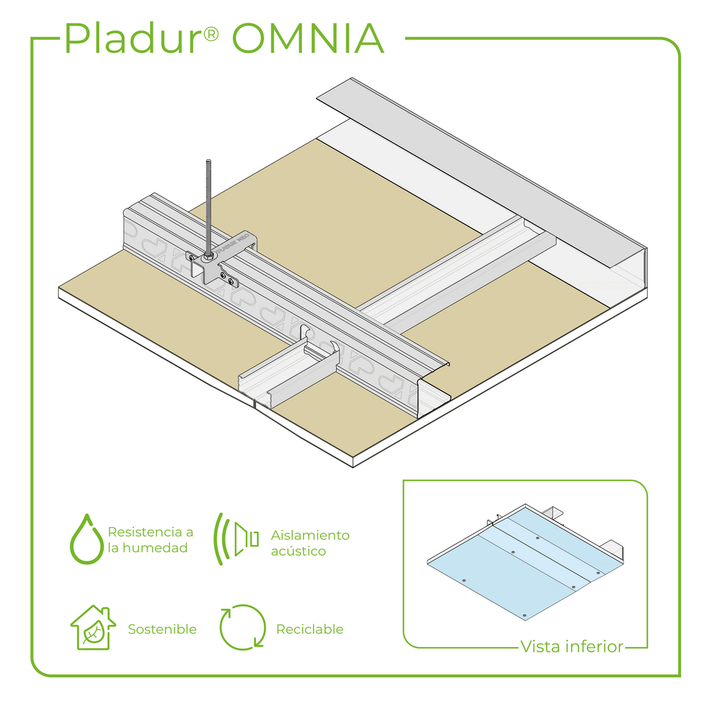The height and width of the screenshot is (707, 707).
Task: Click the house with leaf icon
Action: click(92, 628)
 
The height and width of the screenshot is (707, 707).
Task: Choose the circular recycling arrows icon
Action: click(243, 627)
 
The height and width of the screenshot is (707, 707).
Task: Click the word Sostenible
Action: click(162, 629)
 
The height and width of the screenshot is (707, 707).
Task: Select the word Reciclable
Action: click(310, 629)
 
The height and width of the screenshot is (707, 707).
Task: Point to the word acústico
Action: click(298, 551)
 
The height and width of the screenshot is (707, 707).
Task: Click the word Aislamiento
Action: click(310, 535)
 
